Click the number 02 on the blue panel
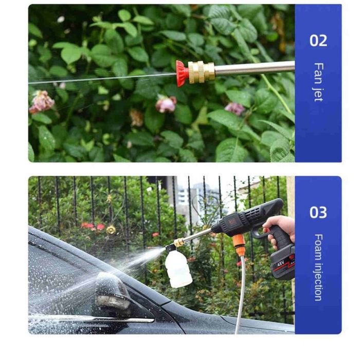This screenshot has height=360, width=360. pyautogui.click(x=318, y=41)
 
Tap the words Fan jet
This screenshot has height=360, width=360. pyautogui.click(x=318, y=82)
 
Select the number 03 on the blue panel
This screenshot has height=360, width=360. pyautogui.click(x=318, y=212)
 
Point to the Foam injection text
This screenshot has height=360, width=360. pyautogui.click(x=318, y=267)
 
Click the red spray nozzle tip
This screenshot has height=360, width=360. pyautogui.click(x=182, y=73)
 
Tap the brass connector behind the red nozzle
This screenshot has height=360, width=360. pyautogui.click(x=202, y=72)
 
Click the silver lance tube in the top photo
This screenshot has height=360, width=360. pyautogui.click(x=255, y=68)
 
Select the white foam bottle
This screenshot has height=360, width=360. pyautogui.click(x=178, y=268)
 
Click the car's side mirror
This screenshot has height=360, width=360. pyautogui.click(x=112, y=291)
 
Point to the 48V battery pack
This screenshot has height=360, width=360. pyautogui.click(x=282, y=263)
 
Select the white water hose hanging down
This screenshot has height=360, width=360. pyautogui.click(x=240, y=295)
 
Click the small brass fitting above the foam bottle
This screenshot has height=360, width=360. pyautogui.click(x=179, y=242)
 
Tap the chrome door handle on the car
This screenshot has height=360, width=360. pyautogui.click(x=92, y=318)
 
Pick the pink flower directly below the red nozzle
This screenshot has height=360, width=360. pyautogui.click(x=166, y=104)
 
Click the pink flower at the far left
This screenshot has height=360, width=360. pyautogui.click(x=41, y=102)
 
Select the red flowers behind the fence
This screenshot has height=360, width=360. pyautogui.click(x=93, y=226)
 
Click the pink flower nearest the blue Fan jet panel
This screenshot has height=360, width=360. pyautogui.click(x=235, y=109)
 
